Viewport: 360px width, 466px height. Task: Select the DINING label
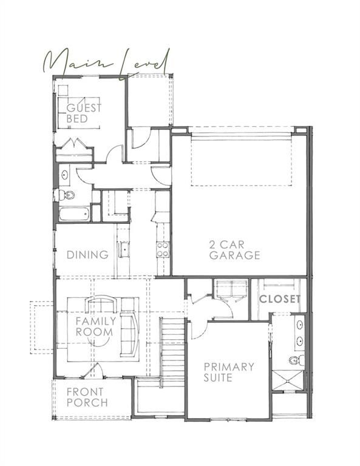87,255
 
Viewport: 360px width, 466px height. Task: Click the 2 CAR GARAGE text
234,251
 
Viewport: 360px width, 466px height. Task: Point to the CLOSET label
280,299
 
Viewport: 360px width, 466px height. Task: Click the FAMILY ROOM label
94,326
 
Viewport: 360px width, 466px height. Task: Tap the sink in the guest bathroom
65,176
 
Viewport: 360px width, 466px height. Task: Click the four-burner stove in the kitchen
163,249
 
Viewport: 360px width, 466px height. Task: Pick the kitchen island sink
124,249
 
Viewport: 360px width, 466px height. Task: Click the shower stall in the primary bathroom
288,381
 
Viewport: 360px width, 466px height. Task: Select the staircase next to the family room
172,352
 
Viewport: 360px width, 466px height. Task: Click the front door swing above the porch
92,371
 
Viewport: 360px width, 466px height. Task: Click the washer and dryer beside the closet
229,291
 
